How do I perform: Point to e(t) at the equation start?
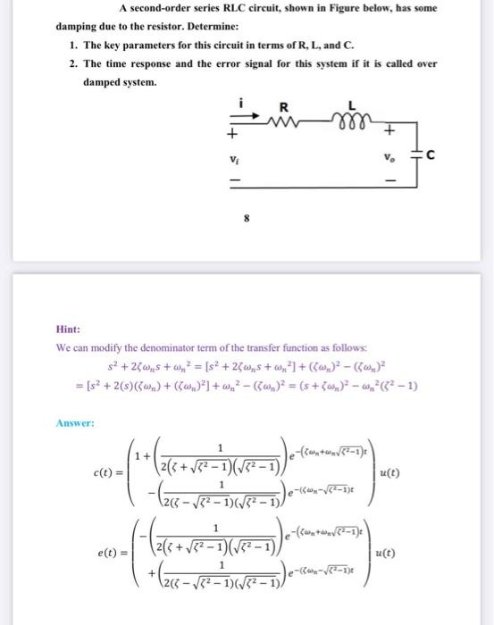point(106,554)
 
